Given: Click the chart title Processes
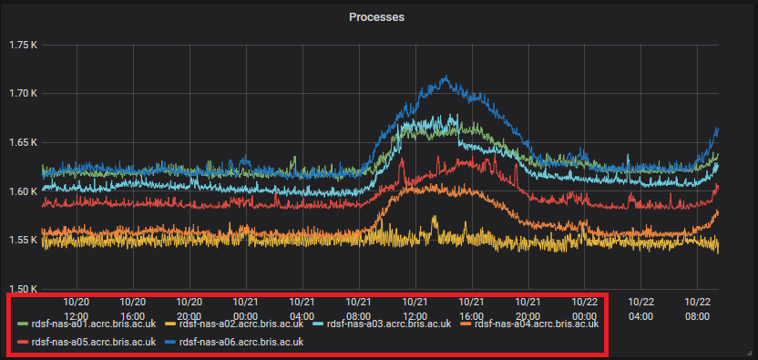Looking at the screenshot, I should pos(376,16).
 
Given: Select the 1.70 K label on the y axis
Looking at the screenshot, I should pos(23,93).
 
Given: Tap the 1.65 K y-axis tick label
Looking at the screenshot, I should pos(23,142).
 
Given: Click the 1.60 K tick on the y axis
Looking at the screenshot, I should pos(23,191).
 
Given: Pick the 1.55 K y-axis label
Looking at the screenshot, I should pos(23,241).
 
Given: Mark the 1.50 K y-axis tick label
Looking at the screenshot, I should pos(23,289).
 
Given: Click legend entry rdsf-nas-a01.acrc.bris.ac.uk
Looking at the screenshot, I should pos(90,323).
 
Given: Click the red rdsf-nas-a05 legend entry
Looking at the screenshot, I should pos(90,342).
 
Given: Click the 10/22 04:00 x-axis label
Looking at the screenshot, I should pos(640,308).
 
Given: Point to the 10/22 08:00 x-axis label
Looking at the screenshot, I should pos(697,308).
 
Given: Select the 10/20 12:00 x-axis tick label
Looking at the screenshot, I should pos(77,308).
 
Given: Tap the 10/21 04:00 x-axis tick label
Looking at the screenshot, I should pos(302,308).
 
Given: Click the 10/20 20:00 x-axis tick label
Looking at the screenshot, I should pos(189,308).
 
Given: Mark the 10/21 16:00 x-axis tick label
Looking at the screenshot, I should pos(471,308).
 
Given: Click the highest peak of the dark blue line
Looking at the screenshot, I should pos(446,77).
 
